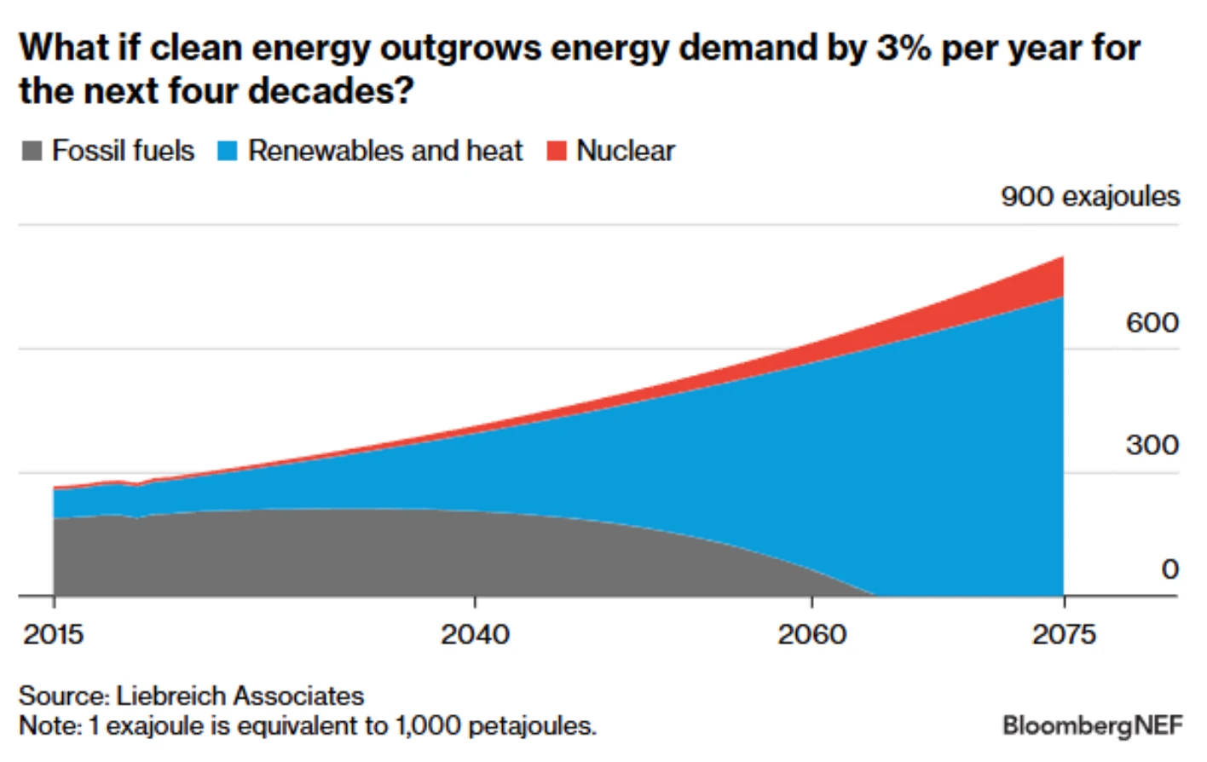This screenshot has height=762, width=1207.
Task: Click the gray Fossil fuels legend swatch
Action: [32, 151]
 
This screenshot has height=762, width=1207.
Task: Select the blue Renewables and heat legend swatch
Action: [227, 151]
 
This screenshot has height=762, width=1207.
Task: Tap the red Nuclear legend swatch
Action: [557, 151]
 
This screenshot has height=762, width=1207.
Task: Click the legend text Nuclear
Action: [625, 151]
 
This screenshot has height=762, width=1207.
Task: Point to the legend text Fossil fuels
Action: [123, 151]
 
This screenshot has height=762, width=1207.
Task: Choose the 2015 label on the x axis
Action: [53, 634]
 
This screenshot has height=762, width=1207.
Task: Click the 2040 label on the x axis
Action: [475, 634]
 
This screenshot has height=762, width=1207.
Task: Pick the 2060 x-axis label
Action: [811, 634]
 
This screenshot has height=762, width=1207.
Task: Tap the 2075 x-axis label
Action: [1063, 634]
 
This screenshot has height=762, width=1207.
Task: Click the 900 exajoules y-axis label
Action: [1089, 197]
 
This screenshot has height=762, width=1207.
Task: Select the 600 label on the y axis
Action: [1152, 323]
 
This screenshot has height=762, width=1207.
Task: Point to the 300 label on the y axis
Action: [1152, 445]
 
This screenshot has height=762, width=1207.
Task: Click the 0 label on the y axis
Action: [1169, 569]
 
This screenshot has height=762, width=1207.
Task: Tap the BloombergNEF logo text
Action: [1092, 725]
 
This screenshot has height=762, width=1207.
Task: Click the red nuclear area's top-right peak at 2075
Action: [1062, 257]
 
